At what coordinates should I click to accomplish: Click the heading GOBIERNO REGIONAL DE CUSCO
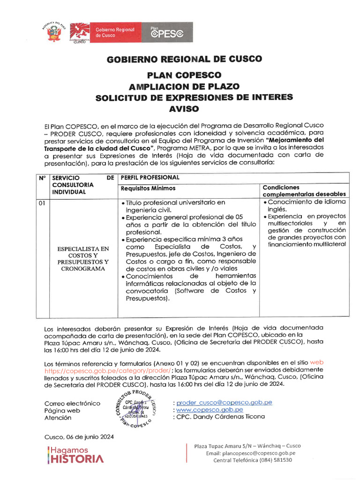[x=185, y=60]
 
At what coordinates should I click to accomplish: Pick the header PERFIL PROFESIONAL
[x=150, y=178]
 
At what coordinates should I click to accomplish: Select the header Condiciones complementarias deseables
[x=304, y=190]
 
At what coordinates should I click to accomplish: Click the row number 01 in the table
[x=42, y=203]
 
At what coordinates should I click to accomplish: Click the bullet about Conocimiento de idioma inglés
[x=304, y=205]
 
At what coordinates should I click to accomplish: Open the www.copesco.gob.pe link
[x=210, y=409]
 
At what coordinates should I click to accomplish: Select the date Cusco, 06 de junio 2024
[x=79, y=437]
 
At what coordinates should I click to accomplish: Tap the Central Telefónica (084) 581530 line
[x=252, y=460]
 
